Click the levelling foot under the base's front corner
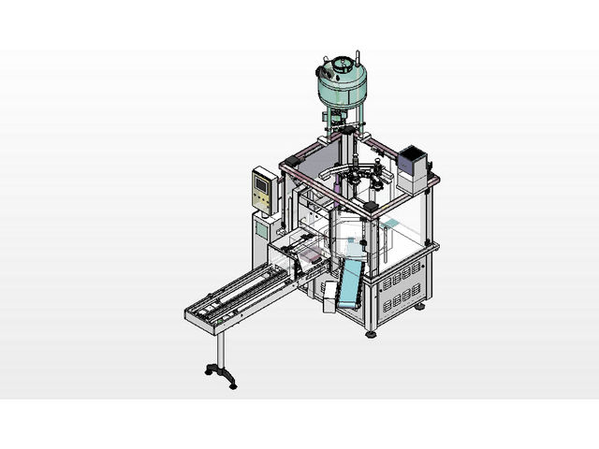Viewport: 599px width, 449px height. click(372, 332)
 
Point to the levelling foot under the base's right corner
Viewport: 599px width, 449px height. click(420, 306)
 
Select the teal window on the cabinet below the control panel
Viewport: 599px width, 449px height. click(262, 227)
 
